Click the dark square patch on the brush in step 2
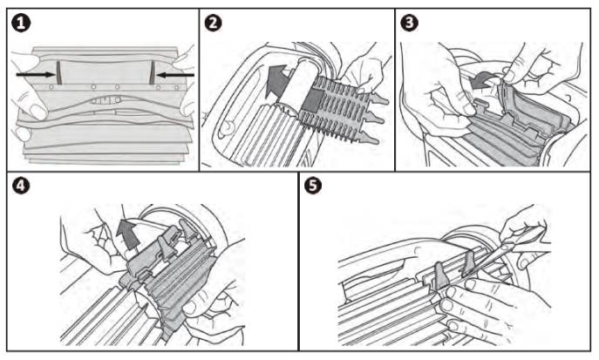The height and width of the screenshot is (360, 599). (313, 97)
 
